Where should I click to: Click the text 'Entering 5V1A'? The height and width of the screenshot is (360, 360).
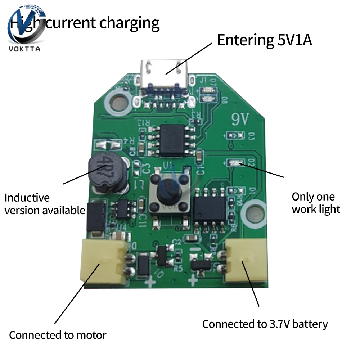point(264,40)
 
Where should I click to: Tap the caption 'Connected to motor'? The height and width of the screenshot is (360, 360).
point(58,335)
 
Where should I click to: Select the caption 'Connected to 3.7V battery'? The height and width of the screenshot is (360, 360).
point(265,324)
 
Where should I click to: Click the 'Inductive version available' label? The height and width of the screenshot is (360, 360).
point(45,204)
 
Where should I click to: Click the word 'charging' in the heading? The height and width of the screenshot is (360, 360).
point(130,23)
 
